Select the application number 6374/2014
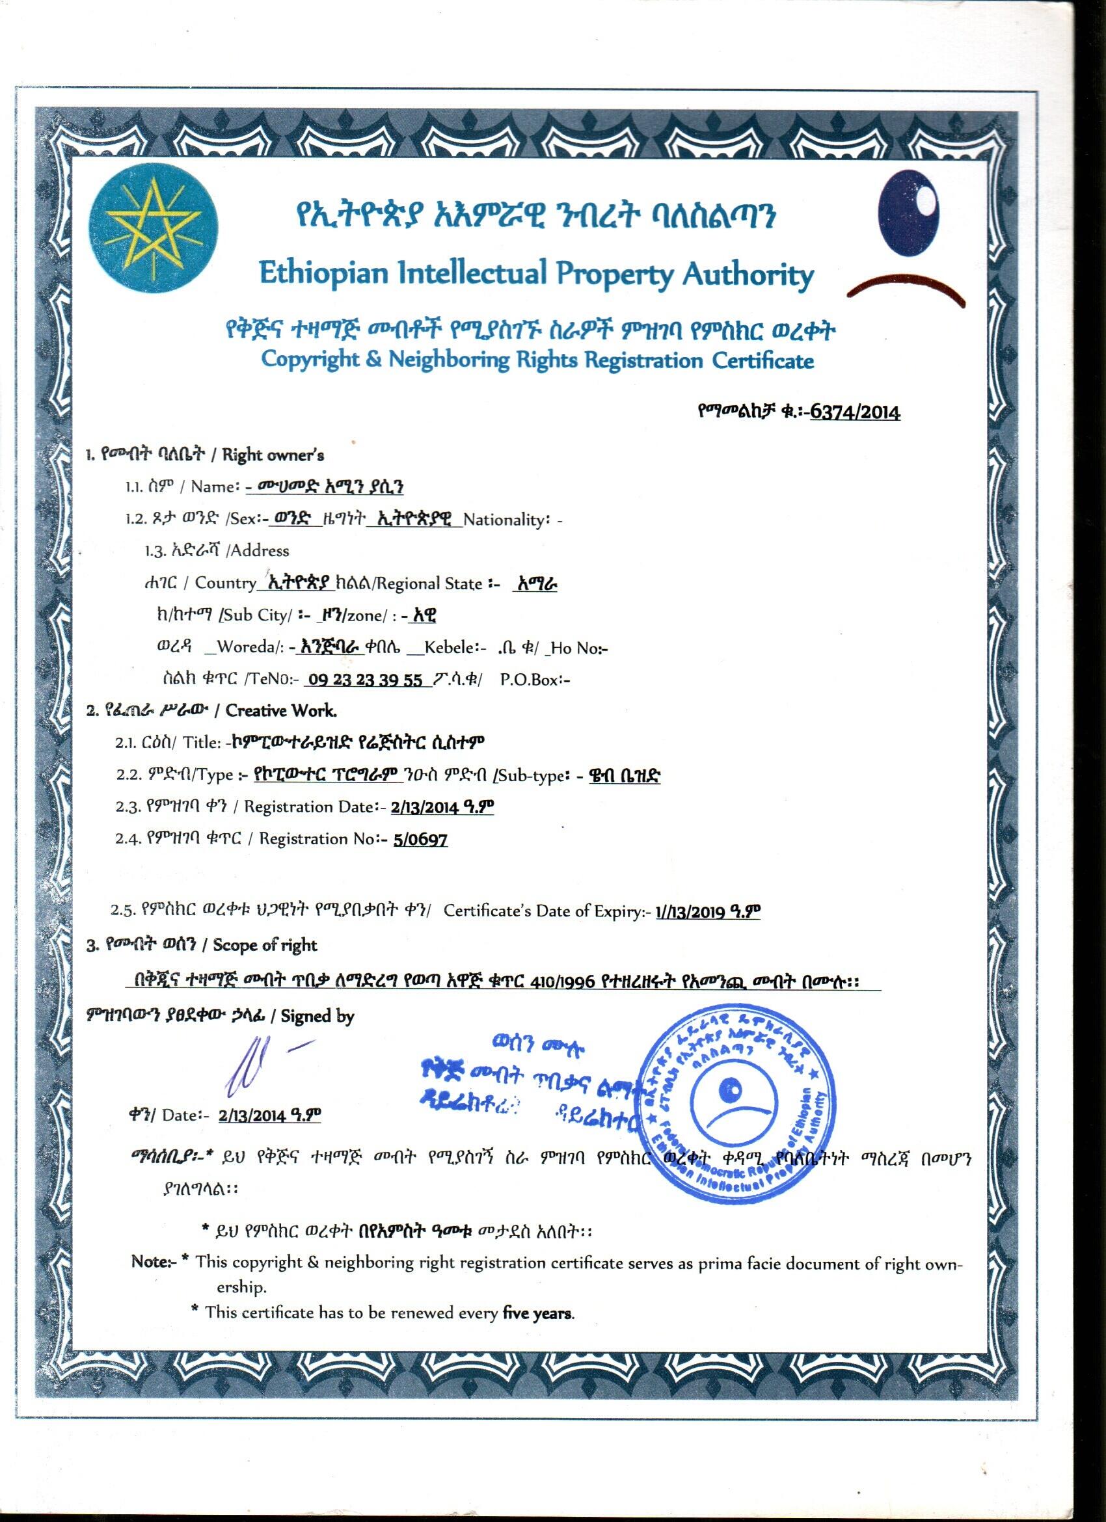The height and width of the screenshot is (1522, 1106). [855, 411]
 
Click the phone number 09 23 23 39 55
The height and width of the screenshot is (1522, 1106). [364, 680]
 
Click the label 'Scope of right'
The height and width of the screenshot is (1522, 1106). [264, 945]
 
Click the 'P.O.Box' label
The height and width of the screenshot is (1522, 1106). [534, 680]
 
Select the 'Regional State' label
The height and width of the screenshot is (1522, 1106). [429, 583]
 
